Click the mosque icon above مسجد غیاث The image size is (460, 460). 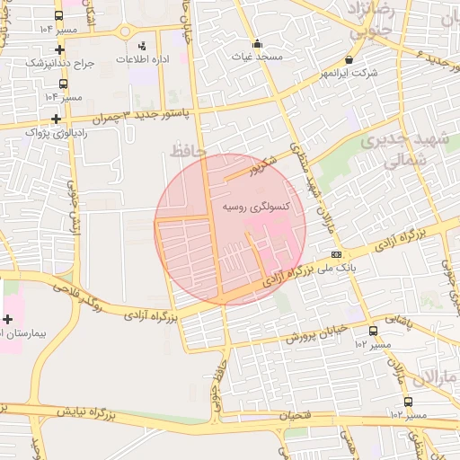click(257, 43)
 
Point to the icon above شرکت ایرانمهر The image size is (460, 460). click(349, 59)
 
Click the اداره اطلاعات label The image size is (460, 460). click(140, 58)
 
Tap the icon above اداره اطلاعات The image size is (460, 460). click(141, 45)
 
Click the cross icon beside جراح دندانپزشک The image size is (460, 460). click(59, 50)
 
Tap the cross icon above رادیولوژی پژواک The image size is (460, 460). click(57, 119)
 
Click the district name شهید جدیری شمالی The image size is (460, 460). click(395, 152)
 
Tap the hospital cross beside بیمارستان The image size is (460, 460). click(8, 319)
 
